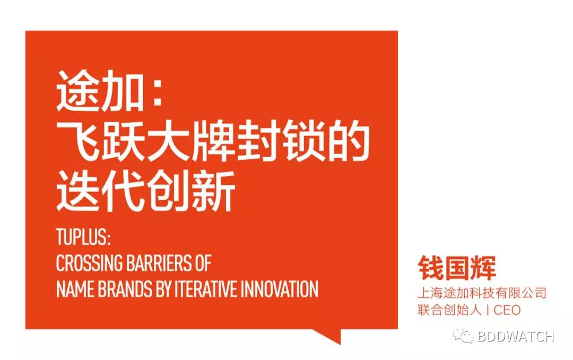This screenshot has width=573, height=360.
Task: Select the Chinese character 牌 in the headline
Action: point(212,141)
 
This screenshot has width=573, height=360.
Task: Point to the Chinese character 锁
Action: point(302,141)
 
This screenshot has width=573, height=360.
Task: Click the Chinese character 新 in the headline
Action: point(212,191)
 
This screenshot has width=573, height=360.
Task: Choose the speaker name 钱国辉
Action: point(457,269)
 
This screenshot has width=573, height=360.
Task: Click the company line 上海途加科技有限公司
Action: point(482,293)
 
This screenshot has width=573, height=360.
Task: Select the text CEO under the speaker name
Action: point(507,310)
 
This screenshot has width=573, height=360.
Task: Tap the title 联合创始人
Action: point(449,310)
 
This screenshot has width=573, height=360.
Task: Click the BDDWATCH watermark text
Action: point(516,336)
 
